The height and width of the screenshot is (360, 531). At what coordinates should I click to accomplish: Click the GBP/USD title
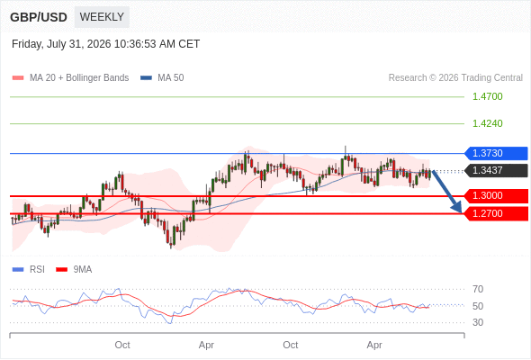(39, 17)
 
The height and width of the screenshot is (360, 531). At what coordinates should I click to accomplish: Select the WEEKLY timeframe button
(102, 17)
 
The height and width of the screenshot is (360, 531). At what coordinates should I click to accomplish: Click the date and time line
(105, 44)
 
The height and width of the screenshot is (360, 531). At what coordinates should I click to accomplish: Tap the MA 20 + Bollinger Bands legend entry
(70, 78)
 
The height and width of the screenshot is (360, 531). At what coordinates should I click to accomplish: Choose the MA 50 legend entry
(162, 78)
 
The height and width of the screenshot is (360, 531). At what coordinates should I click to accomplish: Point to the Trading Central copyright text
(455, 78)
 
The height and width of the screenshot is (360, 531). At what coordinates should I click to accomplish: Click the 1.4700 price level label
(487, 96)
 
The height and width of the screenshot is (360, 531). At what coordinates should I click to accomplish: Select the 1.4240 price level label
(487, 123)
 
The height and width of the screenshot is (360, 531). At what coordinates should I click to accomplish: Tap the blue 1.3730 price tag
(496, 153)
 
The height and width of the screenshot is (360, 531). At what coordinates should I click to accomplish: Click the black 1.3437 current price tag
(496, 170)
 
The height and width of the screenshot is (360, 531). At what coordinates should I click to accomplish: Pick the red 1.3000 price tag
(496, 195)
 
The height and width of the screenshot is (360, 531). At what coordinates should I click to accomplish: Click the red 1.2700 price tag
(496, 213)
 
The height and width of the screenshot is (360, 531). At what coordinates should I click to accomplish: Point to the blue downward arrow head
(457, 207)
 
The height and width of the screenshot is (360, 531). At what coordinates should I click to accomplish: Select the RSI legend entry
(29, 270)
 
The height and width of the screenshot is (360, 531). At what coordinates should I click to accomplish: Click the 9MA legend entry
(74, 270)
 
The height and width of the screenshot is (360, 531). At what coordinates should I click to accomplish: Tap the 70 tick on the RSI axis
(478, 289)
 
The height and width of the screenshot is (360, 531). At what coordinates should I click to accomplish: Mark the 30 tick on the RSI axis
(478, 322)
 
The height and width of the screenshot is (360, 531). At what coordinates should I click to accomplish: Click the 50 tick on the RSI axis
(478, 306)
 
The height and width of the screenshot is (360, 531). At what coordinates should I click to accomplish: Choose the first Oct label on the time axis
(122, 345)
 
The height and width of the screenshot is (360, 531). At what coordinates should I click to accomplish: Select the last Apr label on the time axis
(374, 345)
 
